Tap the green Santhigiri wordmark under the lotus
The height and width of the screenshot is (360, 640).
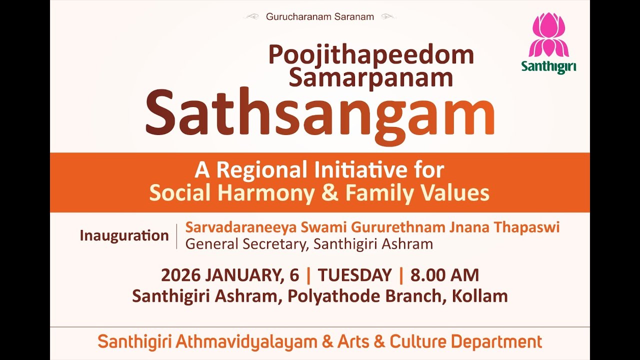tap(548, 66)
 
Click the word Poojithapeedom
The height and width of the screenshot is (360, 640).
tap(371, 55)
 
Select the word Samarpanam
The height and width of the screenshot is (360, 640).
tap(371, 77)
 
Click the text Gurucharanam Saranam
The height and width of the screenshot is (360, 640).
tap(320, 17)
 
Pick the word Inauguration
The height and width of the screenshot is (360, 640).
tap(124, 235)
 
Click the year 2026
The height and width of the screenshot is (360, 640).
tap(180, 275)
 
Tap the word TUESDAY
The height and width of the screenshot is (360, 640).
tap(354, 275)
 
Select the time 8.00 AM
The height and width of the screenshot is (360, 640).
tap(444, 275)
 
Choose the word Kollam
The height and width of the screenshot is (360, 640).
tap(479, 296)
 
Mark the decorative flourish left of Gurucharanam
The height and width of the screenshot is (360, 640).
tap(252, 17)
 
